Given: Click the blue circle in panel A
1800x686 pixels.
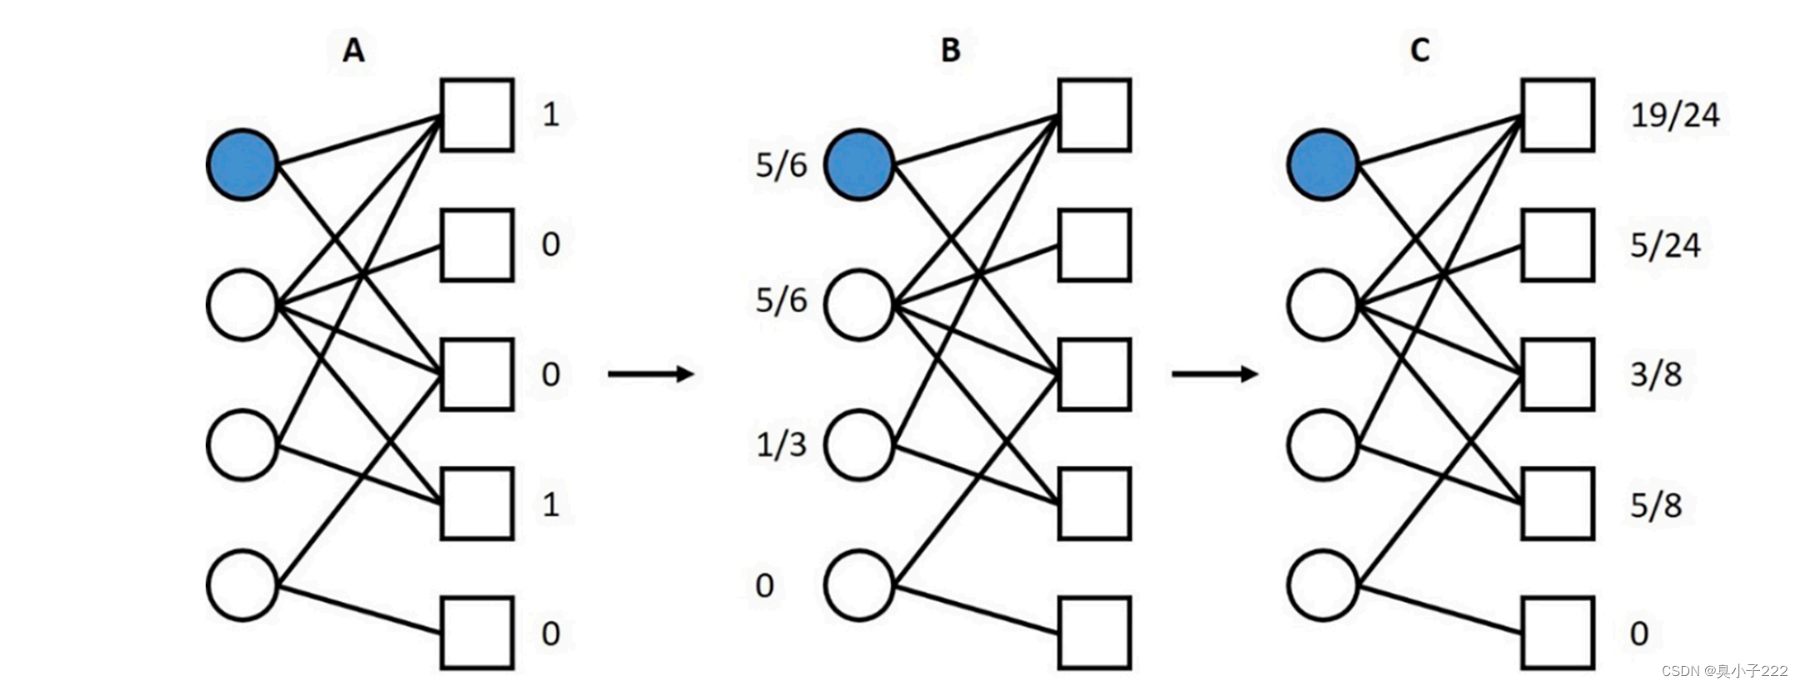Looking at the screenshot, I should (241, 164).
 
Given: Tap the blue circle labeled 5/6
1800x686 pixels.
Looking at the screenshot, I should (859, 164).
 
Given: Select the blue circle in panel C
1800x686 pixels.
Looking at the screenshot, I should (1322, 164).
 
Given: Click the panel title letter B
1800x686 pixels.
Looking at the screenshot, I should (950, 50).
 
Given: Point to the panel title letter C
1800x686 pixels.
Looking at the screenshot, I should (1420, 50).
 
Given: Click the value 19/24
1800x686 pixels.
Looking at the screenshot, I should (1674, 115).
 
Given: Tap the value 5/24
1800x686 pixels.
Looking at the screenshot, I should (1665, 245).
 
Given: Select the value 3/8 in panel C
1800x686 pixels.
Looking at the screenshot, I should (1655, 375).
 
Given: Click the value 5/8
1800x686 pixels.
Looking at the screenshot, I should (1655, 505).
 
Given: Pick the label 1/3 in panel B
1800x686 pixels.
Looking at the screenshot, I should (781, 445).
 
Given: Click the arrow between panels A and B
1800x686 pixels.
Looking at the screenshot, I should (650, 374).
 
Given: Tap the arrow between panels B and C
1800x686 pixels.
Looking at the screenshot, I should (1214, 374).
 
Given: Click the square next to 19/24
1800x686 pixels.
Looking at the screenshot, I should (1558, 115).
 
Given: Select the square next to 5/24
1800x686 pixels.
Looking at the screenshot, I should (1558, 245).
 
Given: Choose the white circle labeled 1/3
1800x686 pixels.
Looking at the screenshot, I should (859, 445).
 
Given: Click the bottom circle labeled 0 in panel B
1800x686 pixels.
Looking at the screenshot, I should (859, 585).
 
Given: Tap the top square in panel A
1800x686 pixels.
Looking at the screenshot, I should (476, 115).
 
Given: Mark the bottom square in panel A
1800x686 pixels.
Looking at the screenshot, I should (476, 633).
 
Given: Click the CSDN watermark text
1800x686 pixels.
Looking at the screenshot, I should (1724, 671).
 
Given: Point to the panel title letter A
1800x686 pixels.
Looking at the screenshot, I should (354, 50).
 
